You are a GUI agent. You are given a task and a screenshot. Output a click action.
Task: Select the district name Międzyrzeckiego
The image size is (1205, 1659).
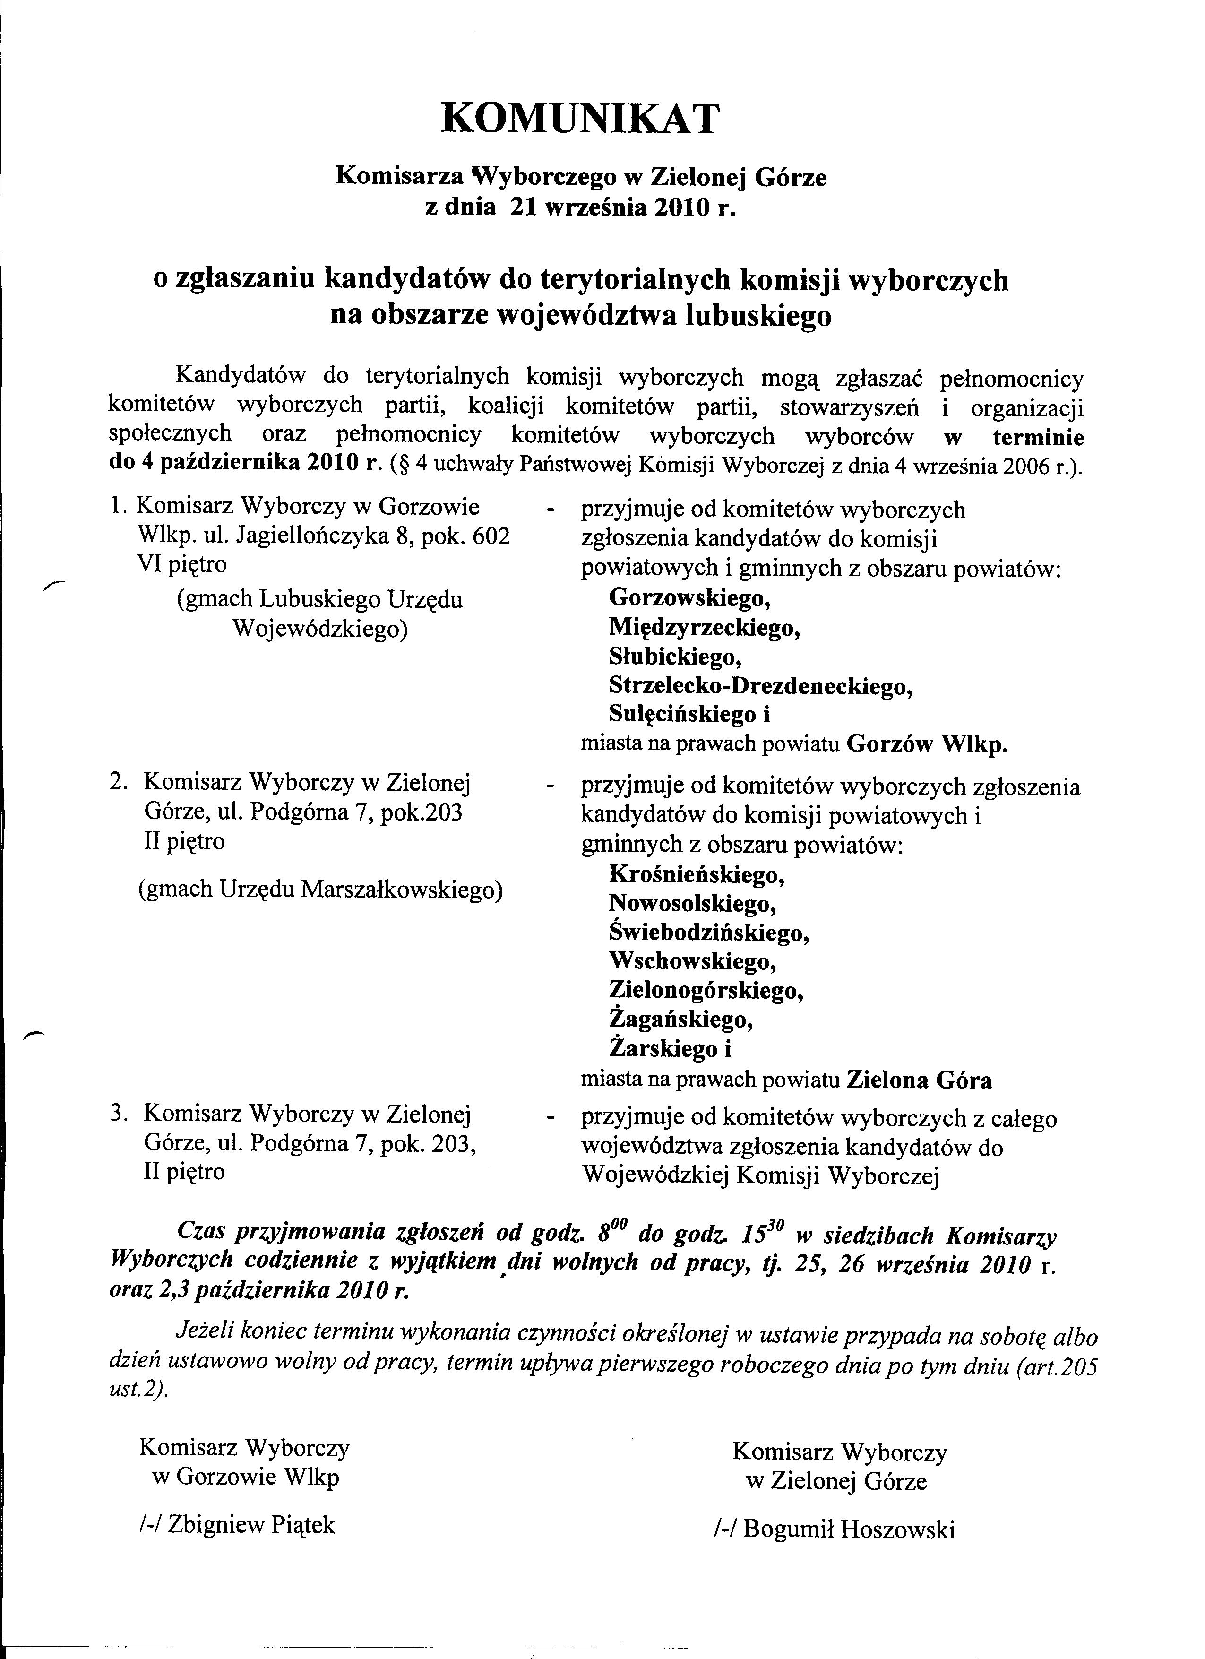[704, 628]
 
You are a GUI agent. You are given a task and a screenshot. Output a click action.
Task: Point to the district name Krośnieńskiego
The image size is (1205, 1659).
[697, 874]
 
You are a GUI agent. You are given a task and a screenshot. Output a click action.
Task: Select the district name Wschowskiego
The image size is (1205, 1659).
[692, 961]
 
